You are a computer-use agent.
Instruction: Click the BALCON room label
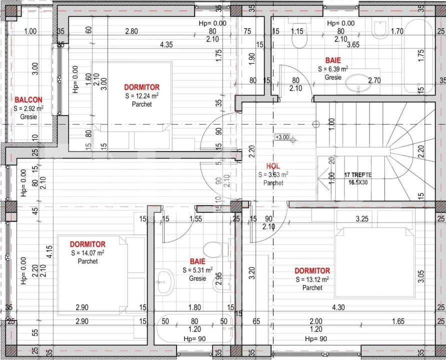pos(28,99)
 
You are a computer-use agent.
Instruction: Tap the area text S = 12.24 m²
pos(142,95)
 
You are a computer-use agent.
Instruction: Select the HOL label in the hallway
pos(273,166)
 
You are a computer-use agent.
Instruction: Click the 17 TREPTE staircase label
pos(357,174)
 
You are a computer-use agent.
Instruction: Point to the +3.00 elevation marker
pos(282,136)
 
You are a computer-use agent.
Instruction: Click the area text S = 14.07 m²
pos(87,253)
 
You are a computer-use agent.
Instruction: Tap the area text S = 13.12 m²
pos(312,279)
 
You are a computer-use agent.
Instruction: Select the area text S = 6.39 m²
pos(333,69)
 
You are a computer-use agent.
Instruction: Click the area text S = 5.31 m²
pos(197,270)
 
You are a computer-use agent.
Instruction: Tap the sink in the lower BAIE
pos(163,282)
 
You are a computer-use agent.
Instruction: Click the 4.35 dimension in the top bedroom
pos(166,44)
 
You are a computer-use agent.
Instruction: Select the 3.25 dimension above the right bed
pos(362,218)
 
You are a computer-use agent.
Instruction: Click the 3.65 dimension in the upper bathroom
pos(353,44)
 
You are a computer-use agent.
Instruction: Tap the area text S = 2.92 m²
pos(28,108)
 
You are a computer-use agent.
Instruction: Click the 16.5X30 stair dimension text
pos(357,182)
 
